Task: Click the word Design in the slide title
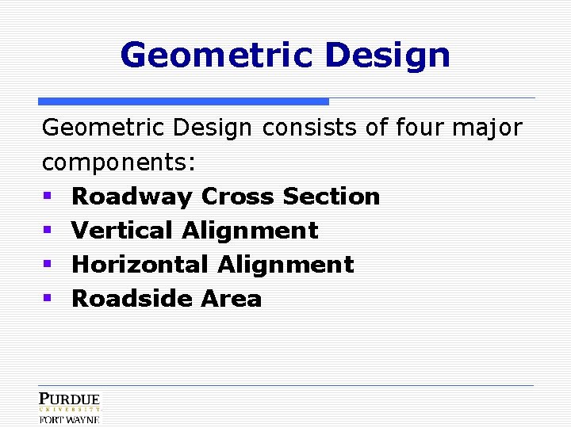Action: coord(388,55)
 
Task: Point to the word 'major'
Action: coord(500,128)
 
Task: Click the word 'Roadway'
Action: coord(132,197)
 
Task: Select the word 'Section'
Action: coord(331,196)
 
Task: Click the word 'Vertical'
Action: coord(123,231)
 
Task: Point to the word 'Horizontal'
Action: coord(140,265)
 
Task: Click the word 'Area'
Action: coord(231,299)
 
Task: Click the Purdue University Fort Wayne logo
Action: coord(70,407)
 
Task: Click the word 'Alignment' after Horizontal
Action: coord(286,265)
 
